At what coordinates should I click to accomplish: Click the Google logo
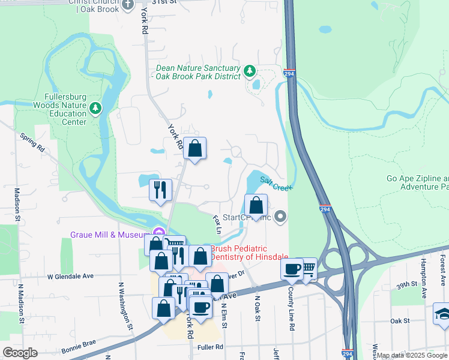point(20,353)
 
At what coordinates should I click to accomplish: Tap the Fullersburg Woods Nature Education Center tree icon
point(95,108)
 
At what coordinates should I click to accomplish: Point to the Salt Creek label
point(276,183)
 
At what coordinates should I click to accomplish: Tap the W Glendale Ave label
point(71,276)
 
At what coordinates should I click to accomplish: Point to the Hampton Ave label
point(424,277)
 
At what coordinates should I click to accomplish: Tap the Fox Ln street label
point(217,226)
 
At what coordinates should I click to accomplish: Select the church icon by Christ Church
point(128,5)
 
